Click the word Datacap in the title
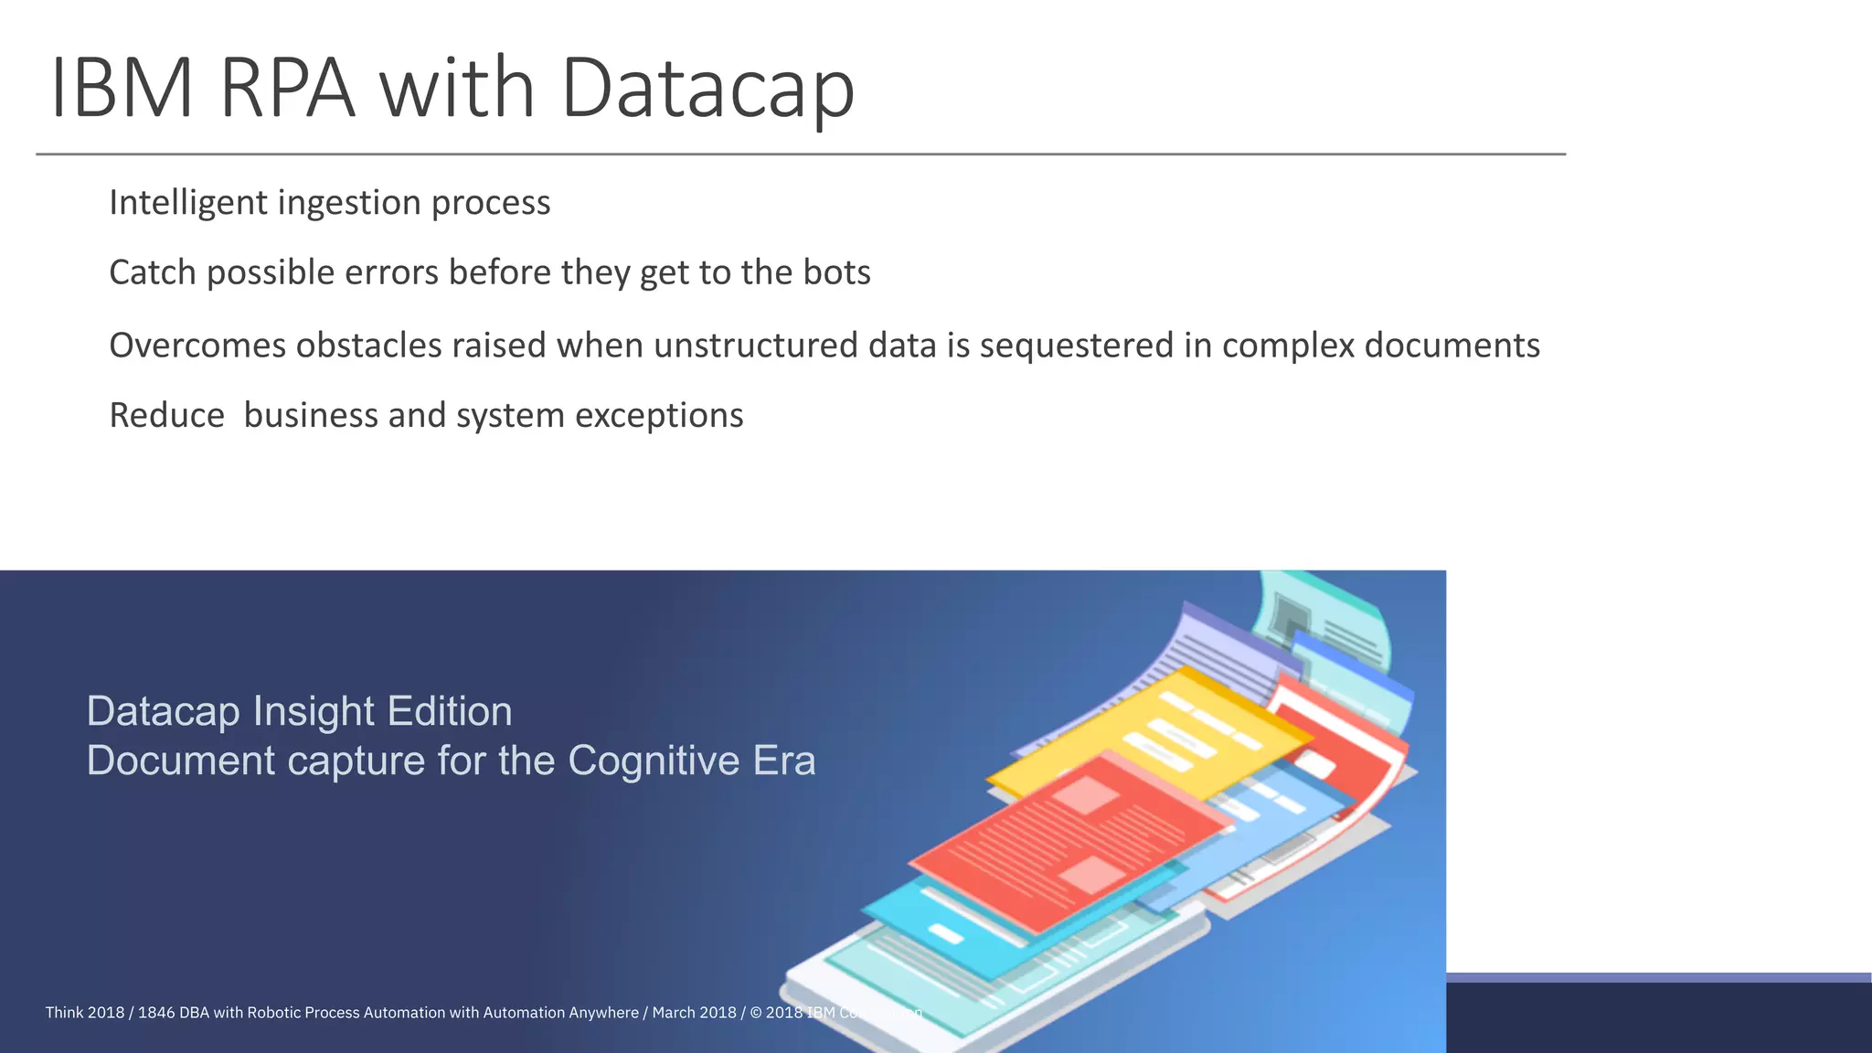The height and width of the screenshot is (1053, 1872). [x=707, y=89]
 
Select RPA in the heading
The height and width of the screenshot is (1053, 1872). [x=287, y=89]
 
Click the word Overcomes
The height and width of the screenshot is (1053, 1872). [x=197, y=346]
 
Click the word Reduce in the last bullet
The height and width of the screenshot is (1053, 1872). [x=166, y=415]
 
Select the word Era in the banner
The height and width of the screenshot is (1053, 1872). [x=783, y=760]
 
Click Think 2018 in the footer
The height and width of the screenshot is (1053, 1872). [x=84, y=1013]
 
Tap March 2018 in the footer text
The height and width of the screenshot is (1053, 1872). [x=694, y=1013]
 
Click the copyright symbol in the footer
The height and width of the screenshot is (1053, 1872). [x=755, y=1013]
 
